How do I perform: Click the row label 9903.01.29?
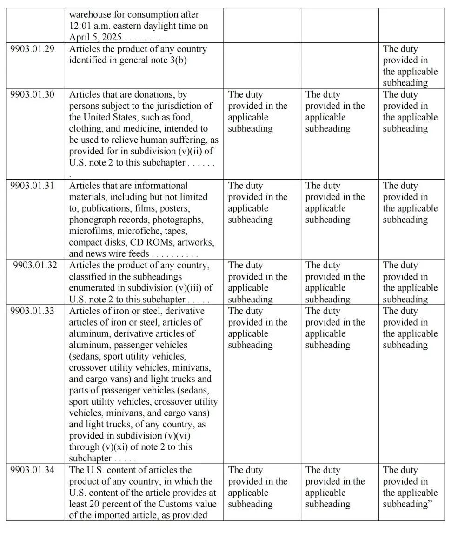point(32,49)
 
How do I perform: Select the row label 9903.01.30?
point(32,95)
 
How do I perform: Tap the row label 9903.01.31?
point(32,186)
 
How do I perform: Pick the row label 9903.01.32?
point(35,266)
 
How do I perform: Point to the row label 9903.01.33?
point(32,311)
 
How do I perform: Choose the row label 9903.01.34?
point(32,470)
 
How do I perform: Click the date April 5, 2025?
point(95,38)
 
